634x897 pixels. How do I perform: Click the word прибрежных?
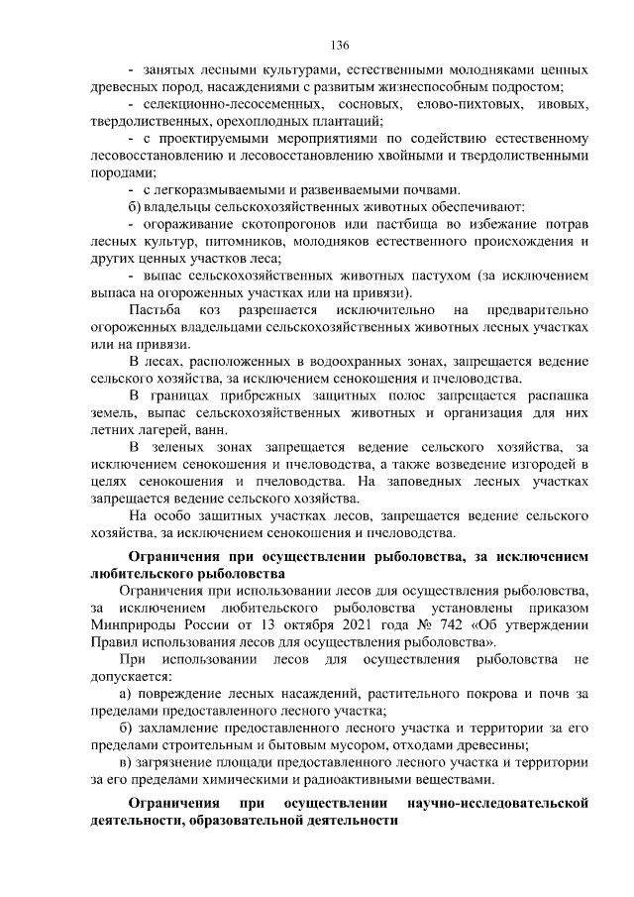click(x=265, y=395)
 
